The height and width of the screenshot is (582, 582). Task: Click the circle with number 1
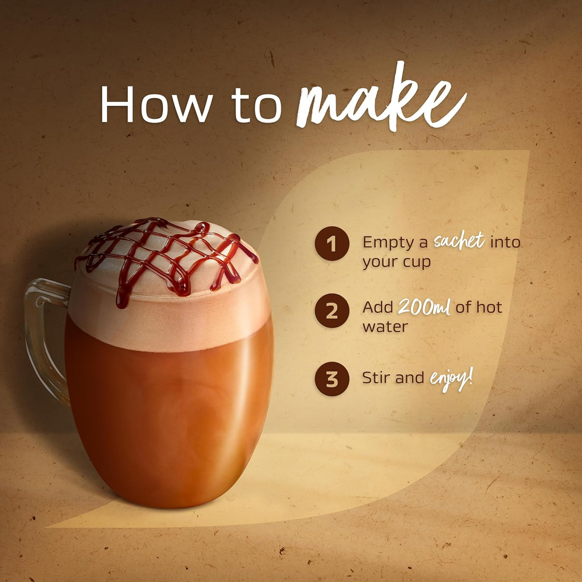pyautogui.click(x=332, y=243)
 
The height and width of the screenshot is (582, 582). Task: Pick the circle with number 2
pyautogui.click(x=332, y=311)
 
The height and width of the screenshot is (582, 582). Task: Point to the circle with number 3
pyautogui.click(x=332, y=379)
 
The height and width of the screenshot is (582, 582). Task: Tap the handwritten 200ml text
pyautogui.click(x=424, y=307)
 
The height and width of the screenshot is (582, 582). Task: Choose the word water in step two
pyautogui.click(x=385, y=327)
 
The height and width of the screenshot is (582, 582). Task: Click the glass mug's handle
pyautogui.click(x=42, y=332)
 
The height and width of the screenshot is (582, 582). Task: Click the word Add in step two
pyautogui.click(x=377, y=307)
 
